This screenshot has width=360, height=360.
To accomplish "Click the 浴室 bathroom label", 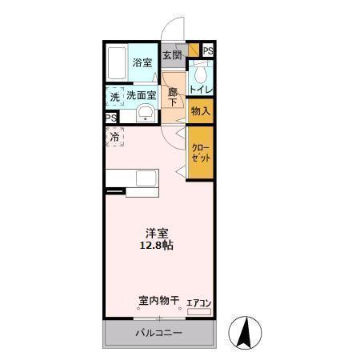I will point(142,62).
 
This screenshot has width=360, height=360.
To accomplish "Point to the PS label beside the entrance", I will point(208,51).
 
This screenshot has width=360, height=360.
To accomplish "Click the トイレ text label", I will point(201,90).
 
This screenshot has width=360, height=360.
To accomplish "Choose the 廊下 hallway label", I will point(172,97).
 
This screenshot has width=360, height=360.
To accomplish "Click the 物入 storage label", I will point(201,111).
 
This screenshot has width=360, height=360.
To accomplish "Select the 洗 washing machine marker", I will point(115,96).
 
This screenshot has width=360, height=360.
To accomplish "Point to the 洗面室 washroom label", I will point(141,96).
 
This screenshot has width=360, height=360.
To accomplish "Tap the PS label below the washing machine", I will point(110,118).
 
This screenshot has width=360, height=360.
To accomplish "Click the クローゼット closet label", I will point(200,153).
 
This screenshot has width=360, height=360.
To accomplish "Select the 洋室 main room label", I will point(157,233).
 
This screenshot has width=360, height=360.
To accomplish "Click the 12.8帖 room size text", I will point(157,246).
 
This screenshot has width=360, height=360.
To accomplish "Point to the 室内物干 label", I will point(158,301).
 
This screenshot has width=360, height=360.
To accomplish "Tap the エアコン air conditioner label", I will point(198,302).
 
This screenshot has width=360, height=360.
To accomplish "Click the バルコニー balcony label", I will point(158,333).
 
